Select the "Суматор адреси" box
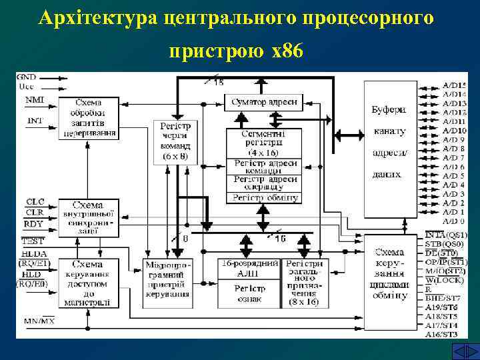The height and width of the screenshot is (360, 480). click(x=265, y=102)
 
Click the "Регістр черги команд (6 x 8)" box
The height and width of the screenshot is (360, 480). click(x=175, y=141)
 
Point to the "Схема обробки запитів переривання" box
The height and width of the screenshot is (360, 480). click(x=88, y=117)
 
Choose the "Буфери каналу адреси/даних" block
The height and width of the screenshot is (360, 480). click(x=389, y=150)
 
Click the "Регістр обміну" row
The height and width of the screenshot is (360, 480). click(x=265, y=197)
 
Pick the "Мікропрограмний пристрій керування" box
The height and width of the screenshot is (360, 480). click(x=167, y=279)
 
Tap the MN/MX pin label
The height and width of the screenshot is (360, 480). click(x=39, y=321)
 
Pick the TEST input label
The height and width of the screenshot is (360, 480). click(x=32, y=241)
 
